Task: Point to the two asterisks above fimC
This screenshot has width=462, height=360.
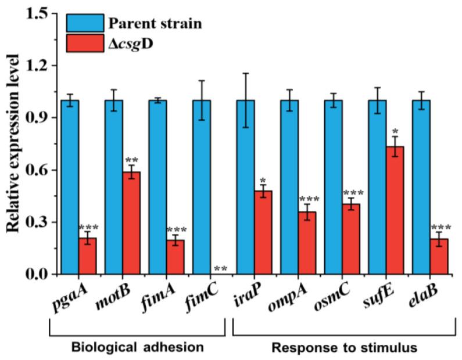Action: point(220,269)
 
